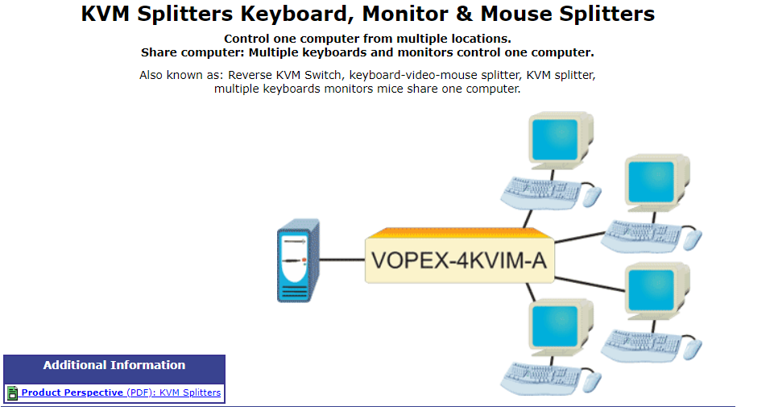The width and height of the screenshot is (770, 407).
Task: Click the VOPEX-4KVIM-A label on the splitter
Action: [x=458, y=260]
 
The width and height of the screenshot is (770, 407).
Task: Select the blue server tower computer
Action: [x=298, y=260]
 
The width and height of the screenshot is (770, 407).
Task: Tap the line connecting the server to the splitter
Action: [x=342, y=260]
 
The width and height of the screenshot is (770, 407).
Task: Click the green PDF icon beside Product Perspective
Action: [x=12, y=392]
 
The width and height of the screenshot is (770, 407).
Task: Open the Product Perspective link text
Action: [x=72, y=392]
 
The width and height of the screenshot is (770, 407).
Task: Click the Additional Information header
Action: [x=114, y=365]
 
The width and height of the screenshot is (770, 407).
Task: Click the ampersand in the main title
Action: [x=464, y=14]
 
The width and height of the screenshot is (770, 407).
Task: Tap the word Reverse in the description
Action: [x=250, y=75]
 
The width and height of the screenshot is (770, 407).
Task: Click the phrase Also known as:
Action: [x=181, y=75]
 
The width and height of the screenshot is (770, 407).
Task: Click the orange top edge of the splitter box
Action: [x=460, y=233]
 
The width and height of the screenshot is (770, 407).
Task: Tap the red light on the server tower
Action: [x=304, y=260]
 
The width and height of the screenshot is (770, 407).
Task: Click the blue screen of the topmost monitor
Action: [x=555, y=139]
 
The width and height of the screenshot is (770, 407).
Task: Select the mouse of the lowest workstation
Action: [x=592, y=381]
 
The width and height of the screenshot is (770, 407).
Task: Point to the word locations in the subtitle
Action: [x=482, y=39]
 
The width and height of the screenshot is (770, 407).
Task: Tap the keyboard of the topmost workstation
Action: [x=540, y=193]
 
